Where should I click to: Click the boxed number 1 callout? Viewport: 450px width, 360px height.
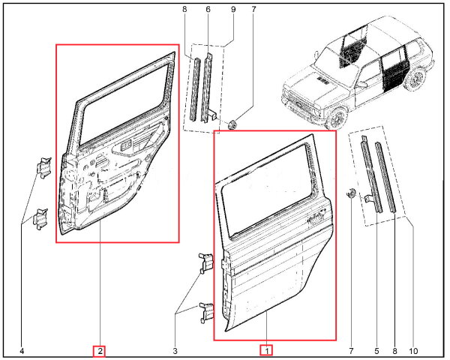click(266, 350)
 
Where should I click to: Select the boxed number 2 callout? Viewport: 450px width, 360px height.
click(99, 351)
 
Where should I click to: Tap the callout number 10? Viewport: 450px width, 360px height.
click(413, 351)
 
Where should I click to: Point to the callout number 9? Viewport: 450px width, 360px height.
click(233, 10)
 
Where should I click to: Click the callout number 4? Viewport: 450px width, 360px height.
click(22, 351)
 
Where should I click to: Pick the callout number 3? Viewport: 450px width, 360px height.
click(175, 351)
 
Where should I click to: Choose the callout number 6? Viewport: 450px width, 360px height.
click(208, 10)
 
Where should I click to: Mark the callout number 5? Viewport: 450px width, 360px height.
click(376, 351)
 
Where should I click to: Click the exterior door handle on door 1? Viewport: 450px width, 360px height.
click(316, 217)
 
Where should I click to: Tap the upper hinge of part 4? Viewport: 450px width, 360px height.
click(43, 167)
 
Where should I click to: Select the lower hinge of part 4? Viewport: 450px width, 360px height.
click(40, 219)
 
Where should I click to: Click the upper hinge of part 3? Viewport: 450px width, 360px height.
click(206, 262)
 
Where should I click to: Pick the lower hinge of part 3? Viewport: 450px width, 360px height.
click(207, 312)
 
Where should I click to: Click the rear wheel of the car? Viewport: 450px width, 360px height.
click(415, 78)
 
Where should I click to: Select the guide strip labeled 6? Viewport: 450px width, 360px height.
click(207, 88)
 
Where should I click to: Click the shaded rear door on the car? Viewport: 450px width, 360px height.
click(392, 70)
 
